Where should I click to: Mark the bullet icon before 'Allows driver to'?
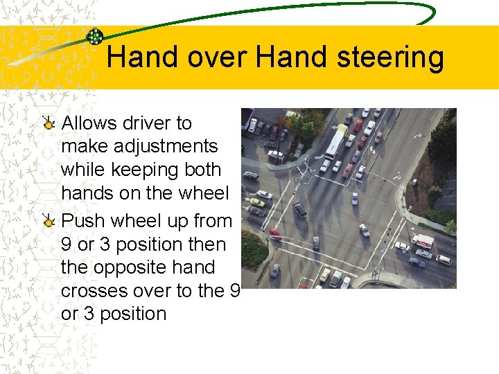[48, 123]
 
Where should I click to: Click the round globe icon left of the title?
[95, 37]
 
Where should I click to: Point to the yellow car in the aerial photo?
[256, 202]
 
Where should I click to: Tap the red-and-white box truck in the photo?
[422, 242]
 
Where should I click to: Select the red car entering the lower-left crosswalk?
[274, 234]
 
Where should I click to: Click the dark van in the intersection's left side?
[299, 208]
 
